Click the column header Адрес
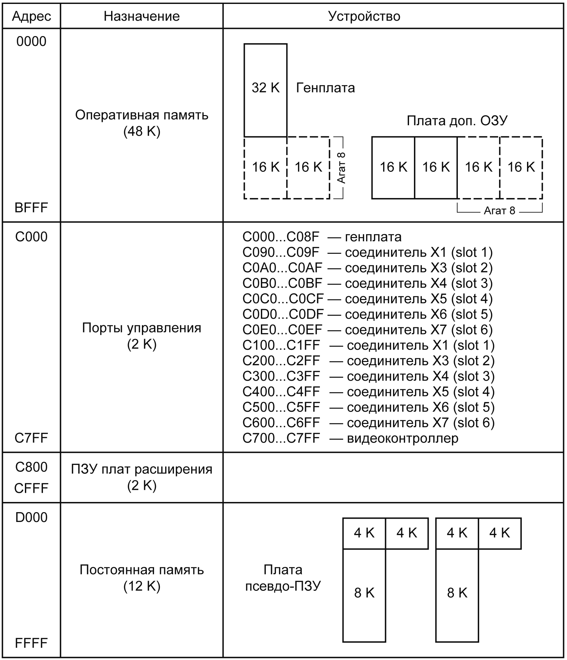point(31,16)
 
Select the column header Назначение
point(142,16)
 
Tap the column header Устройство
point(364,16)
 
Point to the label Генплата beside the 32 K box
point(325,88)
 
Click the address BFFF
point(31,208)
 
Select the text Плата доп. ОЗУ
point(457,121)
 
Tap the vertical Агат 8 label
point(341,168)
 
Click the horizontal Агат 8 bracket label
point(499,210)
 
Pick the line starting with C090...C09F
point(367,252)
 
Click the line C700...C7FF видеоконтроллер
point(350,438)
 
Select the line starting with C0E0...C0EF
point(367,330)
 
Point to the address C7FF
point(31,438)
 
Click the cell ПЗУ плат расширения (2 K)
point(142,477)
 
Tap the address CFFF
point(31,488)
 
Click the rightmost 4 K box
point(499,533)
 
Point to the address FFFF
point(31,643)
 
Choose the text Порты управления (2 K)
point(142,336)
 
